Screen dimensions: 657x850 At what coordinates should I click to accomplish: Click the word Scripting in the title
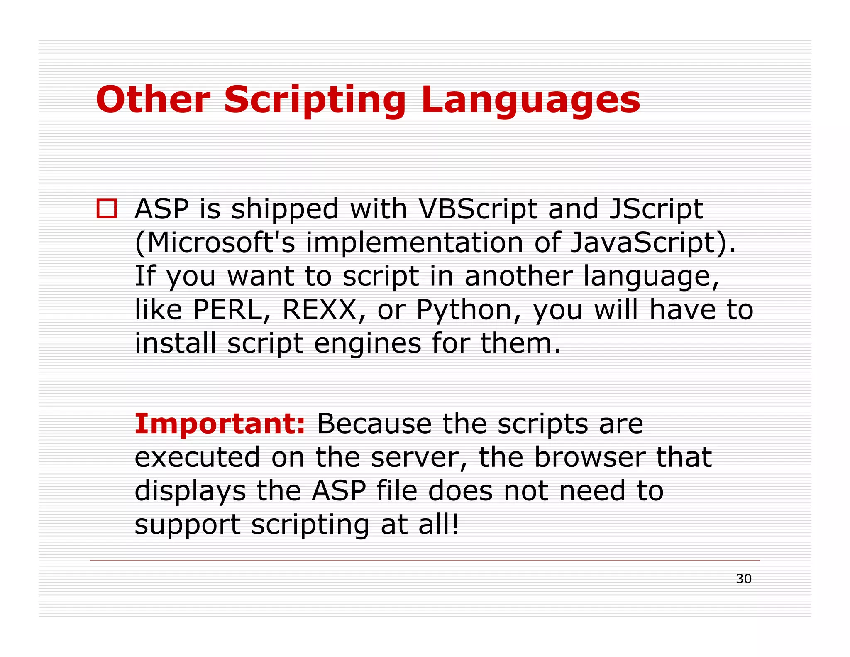click(x=315, y=101)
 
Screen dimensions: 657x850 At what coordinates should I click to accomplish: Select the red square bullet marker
click(x=107, y=208)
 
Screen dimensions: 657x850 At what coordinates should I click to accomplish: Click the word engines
click(x=367, y=344)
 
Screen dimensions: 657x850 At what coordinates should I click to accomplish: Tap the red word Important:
click(x=220, y=424)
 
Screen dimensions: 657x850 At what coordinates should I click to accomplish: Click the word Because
click(x=374, y=424)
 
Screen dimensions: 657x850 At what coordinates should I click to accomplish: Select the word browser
click(x=589, y=457)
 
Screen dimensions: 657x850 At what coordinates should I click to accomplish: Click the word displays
click(x=190, y=491)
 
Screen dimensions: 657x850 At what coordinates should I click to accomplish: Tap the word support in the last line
click(x=188, y=525)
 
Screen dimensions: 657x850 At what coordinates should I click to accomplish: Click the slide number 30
click(x=743, y=579)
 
